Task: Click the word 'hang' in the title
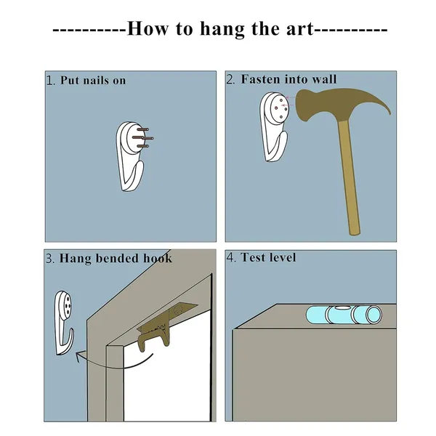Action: point(222,29)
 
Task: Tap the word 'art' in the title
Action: point(299,28)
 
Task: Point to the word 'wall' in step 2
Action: point(324,79)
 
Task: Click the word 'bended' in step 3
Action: point(117,258)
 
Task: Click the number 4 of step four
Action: point(230,257)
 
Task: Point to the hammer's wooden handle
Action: point(350,177)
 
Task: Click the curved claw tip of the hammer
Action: point(389,113)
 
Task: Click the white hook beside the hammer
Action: point(274,126)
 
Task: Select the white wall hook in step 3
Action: point(63,323)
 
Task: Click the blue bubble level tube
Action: point(344,315)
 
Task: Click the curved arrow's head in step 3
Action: point(80,357)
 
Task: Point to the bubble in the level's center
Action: point(342,308)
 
